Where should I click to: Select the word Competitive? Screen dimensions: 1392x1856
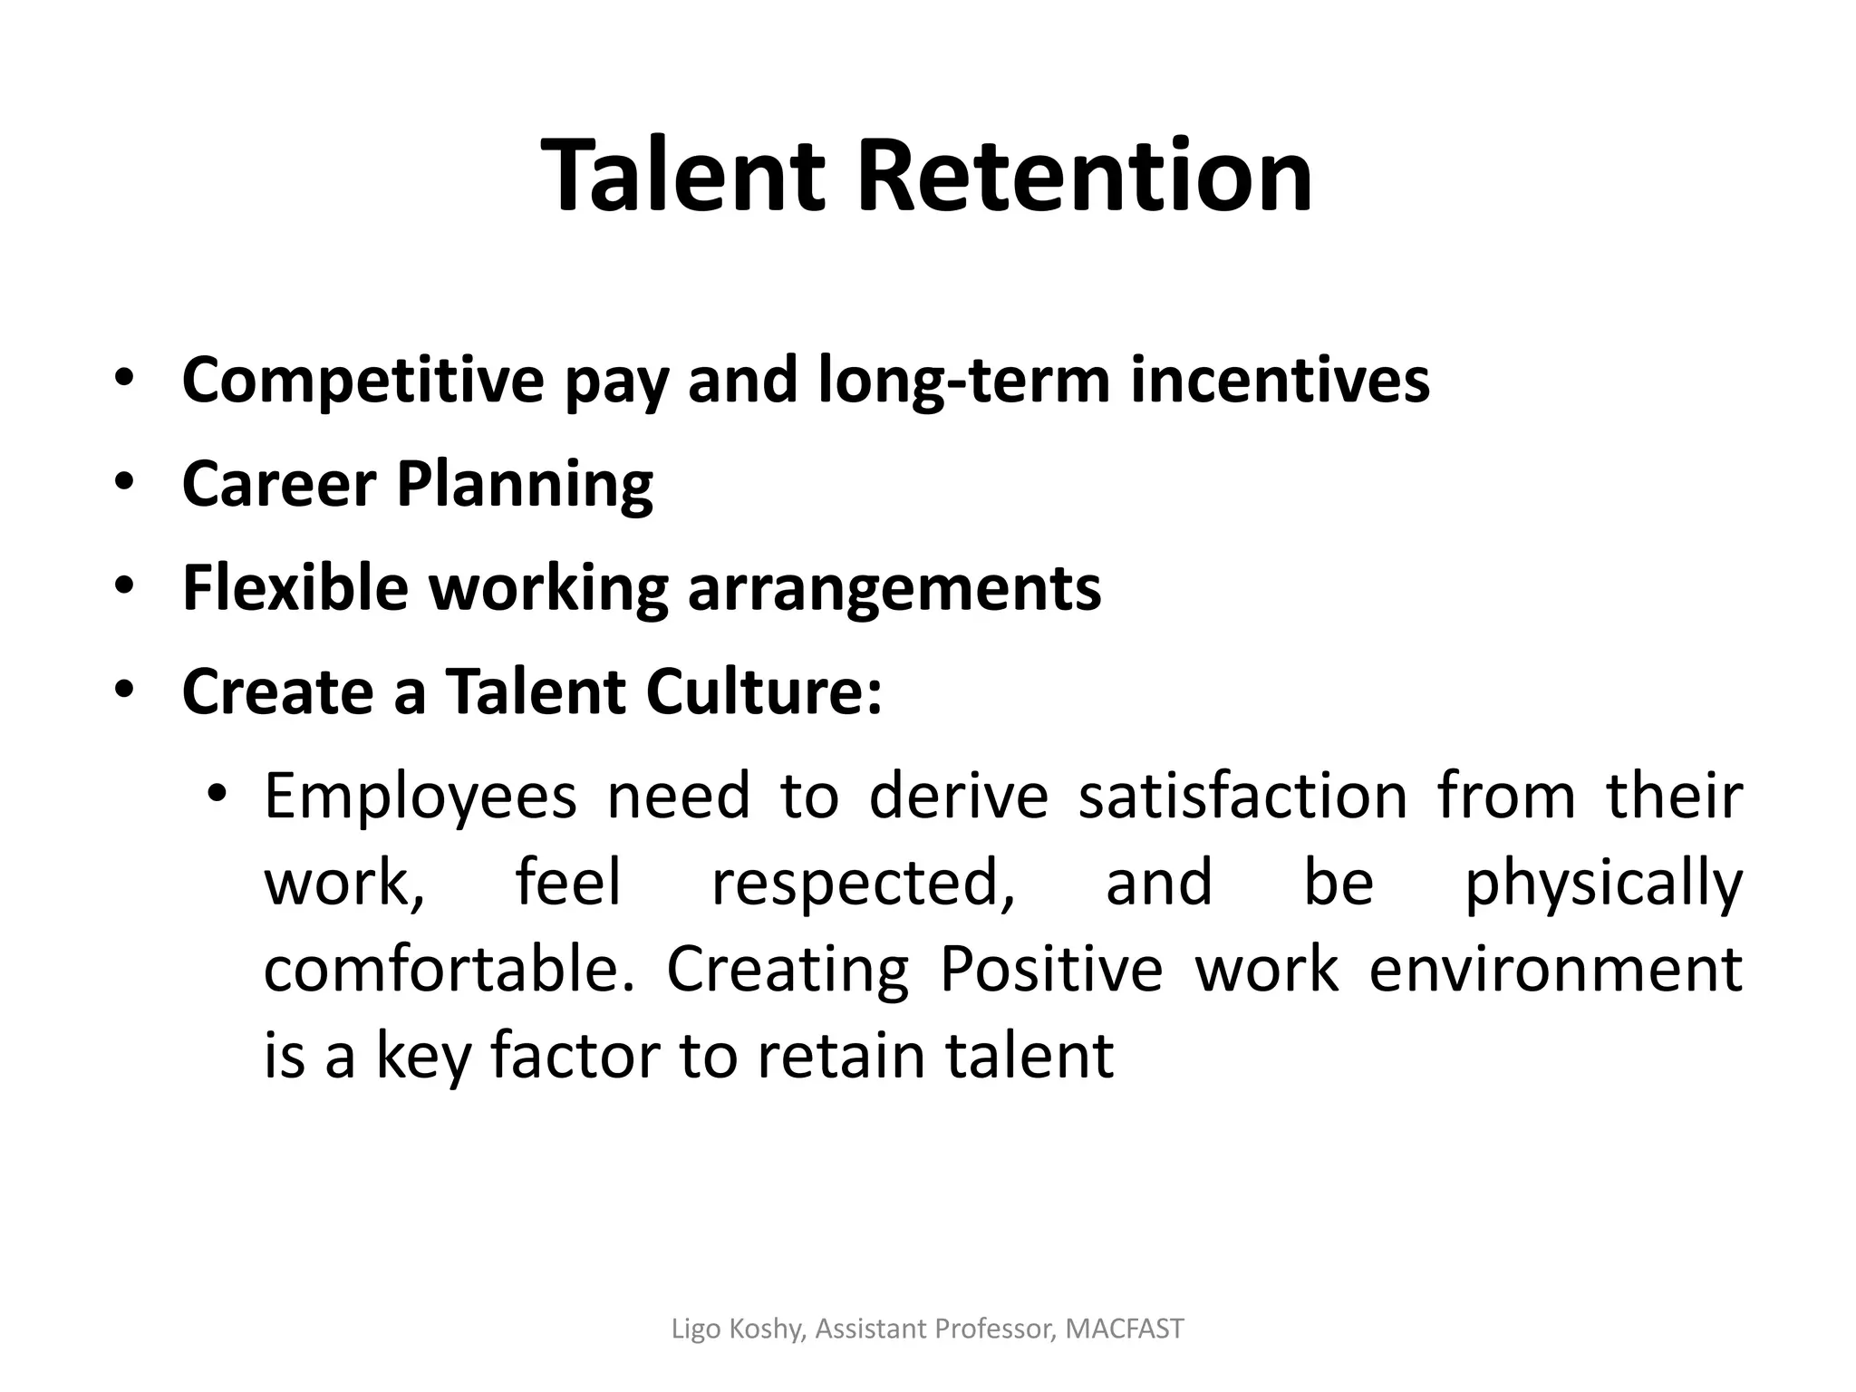point(362,381)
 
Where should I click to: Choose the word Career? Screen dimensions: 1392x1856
point(279,484)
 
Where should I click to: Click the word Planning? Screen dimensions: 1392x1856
point(525,486)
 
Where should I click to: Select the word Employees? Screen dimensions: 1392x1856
point(420,797)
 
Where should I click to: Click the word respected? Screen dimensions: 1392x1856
point(863,883)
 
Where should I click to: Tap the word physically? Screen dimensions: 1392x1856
point(1603,884)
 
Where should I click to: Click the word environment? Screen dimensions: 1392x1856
point(1555,969)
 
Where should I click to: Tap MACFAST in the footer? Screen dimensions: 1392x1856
point(1124,1329)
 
